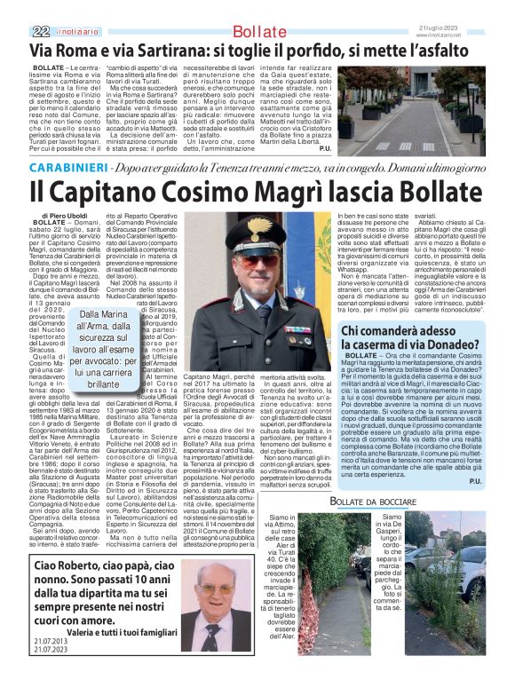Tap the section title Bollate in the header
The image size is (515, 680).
point(260,32)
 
